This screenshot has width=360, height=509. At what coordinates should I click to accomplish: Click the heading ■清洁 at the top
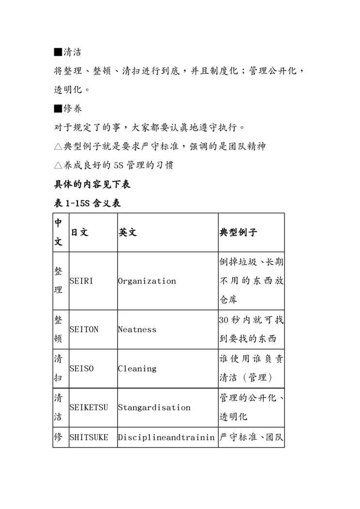click(x=67, y=52)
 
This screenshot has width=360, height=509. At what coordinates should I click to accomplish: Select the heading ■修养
click(x=67, y=108)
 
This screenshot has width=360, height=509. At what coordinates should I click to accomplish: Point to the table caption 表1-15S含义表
click(x=87, y=203)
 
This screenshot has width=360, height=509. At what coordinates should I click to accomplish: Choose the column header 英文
click(x=128, y=232)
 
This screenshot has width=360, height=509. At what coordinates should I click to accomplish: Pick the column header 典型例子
click(x=238, y=232)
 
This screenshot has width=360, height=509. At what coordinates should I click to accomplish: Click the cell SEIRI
click(x=81, y=281)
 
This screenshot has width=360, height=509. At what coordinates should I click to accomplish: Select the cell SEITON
click(x=84, y=329)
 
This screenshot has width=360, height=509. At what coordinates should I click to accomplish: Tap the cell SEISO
click(x=82, y=369)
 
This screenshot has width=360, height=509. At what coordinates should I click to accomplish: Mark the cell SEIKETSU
click(x=89, y=407)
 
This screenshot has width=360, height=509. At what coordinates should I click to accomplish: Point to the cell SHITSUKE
click(x=89, y=437)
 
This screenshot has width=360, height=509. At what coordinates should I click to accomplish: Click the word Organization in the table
click(x=147, y=281)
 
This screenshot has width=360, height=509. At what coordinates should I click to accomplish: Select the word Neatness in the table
click(x=137, y=329)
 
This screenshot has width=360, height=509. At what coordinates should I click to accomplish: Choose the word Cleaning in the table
click(x=137, y=369)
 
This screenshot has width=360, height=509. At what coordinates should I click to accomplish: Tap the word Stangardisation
click(x=154, y=407)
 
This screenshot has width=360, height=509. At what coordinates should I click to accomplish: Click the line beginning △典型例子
click(x=160, y=146)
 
